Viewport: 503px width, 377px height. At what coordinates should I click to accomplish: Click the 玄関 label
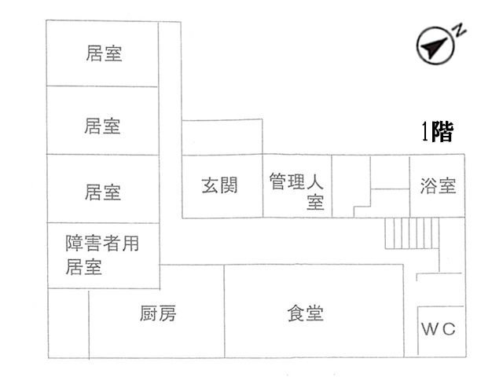click(x=220, y=185)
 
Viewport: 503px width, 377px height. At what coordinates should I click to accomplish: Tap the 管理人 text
click(x=296, y=180)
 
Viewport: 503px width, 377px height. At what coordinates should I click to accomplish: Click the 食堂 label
click(x=306, y=313)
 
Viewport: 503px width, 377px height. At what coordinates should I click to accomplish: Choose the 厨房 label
click(x=158, y=314)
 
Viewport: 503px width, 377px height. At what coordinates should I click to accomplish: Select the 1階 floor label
click(x=437, y=132)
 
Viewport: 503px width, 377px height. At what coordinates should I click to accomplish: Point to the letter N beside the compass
click(x=460, y=30)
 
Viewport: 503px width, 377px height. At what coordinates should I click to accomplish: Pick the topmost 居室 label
click(x=104, y=54)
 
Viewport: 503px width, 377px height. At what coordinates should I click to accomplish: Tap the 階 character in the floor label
click(x=442, y=132)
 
